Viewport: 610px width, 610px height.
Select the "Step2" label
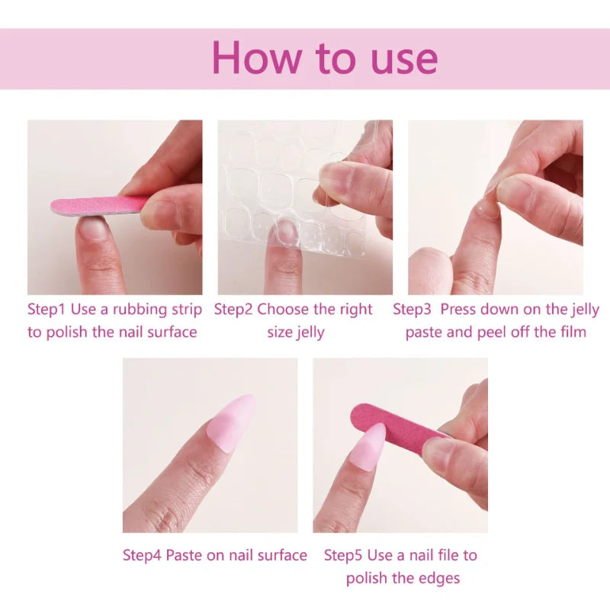(x=233, y=310)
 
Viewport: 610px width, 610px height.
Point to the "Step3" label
(x=413, y=310)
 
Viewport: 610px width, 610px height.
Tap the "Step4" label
(x=143, y=555)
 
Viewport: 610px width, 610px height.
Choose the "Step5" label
(x=344, y=555)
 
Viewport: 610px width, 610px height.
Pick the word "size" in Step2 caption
(x=280, y=332)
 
